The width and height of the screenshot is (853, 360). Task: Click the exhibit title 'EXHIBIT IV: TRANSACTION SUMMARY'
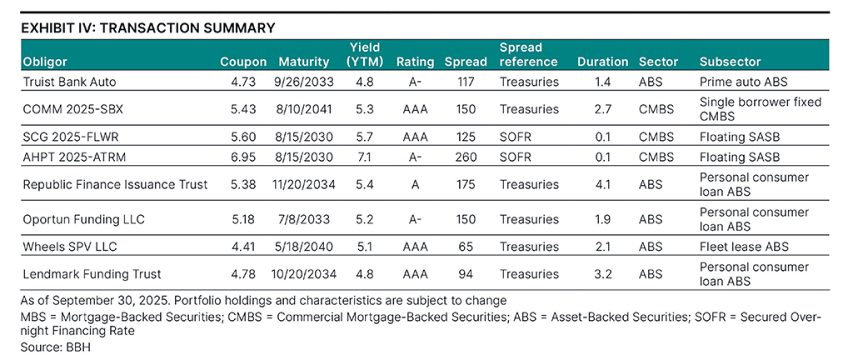(147, 28)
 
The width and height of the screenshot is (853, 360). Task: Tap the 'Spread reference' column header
(528, 55)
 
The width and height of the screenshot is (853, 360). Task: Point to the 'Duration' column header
(602, 62)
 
